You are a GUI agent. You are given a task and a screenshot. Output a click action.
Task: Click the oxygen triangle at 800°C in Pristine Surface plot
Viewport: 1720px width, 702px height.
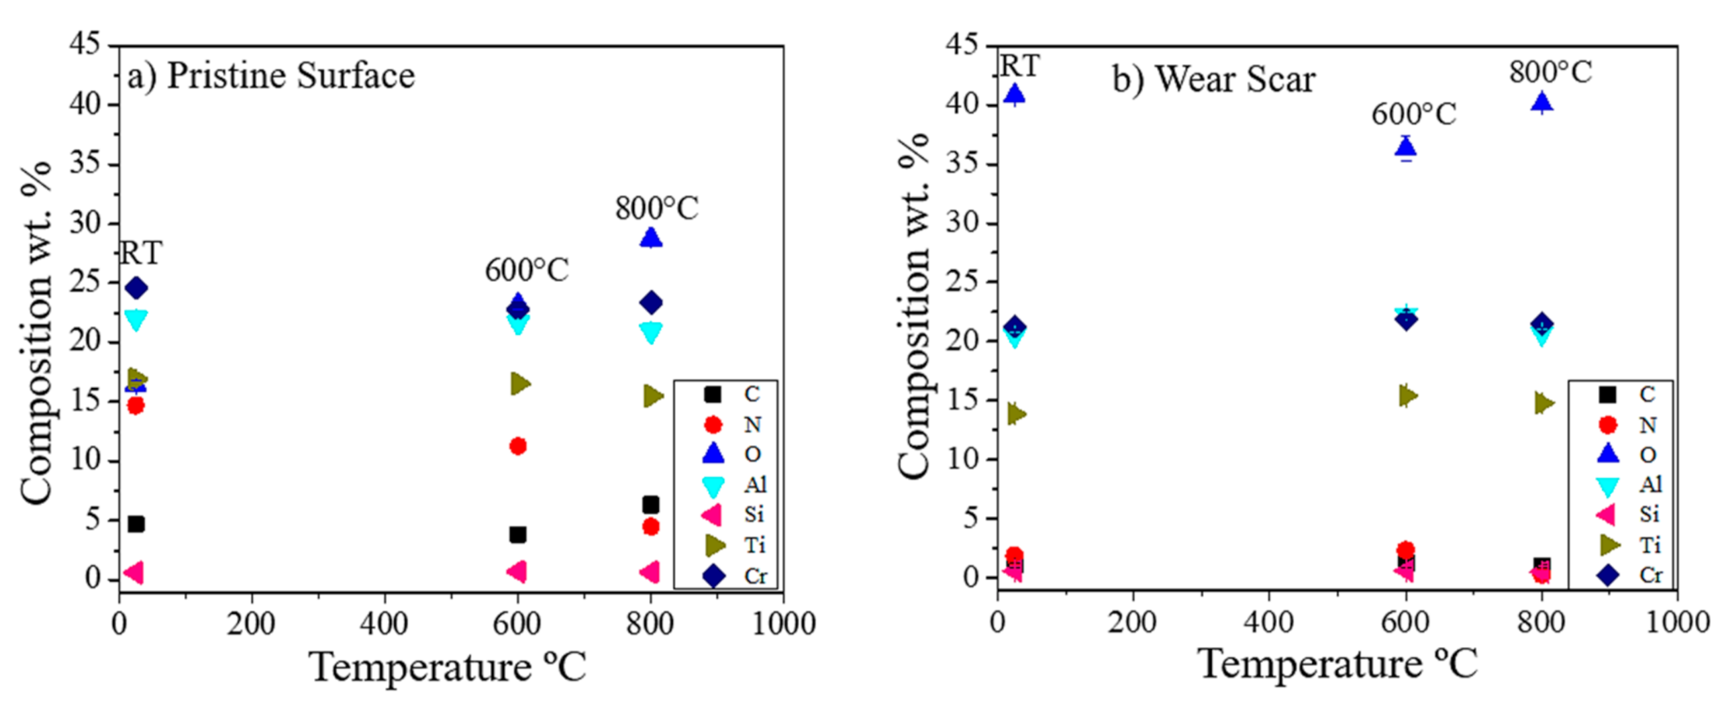coord(650,238)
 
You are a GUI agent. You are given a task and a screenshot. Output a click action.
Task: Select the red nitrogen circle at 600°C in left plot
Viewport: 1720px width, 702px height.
coord(517,446)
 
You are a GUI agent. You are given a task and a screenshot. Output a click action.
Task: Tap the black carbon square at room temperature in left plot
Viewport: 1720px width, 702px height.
coord(136,523)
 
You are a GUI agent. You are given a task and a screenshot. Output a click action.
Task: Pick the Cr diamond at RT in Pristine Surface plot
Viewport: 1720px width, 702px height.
coord(136,288)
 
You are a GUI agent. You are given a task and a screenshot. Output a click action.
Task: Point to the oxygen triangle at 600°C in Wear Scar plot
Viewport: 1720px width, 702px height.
coord(1405,147)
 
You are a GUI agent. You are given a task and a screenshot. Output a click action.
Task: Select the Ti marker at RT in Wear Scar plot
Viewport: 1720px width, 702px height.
coord(1016,414)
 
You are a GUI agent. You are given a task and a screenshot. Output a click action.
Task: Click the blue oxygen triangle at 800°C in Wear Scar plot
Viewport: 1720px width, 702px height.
coord(1541,102)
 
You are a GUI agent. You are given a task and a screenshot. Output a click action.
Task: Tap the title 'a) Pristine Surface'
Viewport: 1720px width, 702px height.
coord(271,75)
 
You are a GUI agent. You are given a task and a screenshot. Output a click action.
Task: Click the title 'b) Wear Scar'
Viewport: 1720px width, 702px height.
coord(1213,79)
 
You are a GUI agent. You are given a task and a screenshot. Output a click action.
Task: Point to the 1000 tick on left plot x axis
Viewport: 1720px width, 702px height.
coord(782,624)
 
